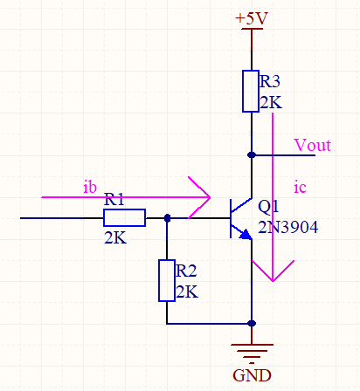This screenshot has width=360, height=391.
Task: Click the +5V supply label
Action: pos(252,18)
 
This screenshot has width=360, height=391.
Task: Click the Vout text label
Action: pos(313,145)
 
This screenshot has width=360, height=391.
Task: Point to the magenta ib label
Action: pos(90,187)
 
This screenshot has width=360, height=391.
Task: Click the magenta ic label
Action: pos(300,187)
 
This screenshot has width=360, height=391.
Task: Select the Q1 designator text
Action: pos(268,207)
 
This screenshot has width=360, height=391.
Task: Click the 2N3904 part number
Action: pos(288,227)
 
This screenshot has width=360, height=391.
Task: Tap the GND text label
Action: pos(252,375)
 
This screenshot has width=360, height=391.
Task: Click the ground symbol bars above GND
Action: pos(252,353)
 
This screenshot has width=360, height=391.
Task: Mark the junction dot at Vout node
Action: pos(252,155)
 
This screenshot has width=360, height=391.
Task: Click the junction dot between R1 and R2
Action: pos(167,218)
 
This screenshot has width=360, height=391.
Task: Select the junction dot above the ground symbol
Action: pos(252,323)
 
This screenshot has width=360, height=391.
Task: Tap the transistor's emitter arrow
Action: pos(246,235)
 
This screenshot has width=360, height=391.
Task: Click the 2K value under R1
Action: pos(115,238)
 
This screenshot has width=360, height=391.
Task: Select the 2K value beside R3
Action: pos(271,102)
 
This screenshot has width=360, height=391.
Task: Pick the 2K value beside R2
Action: pos(187,292)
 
